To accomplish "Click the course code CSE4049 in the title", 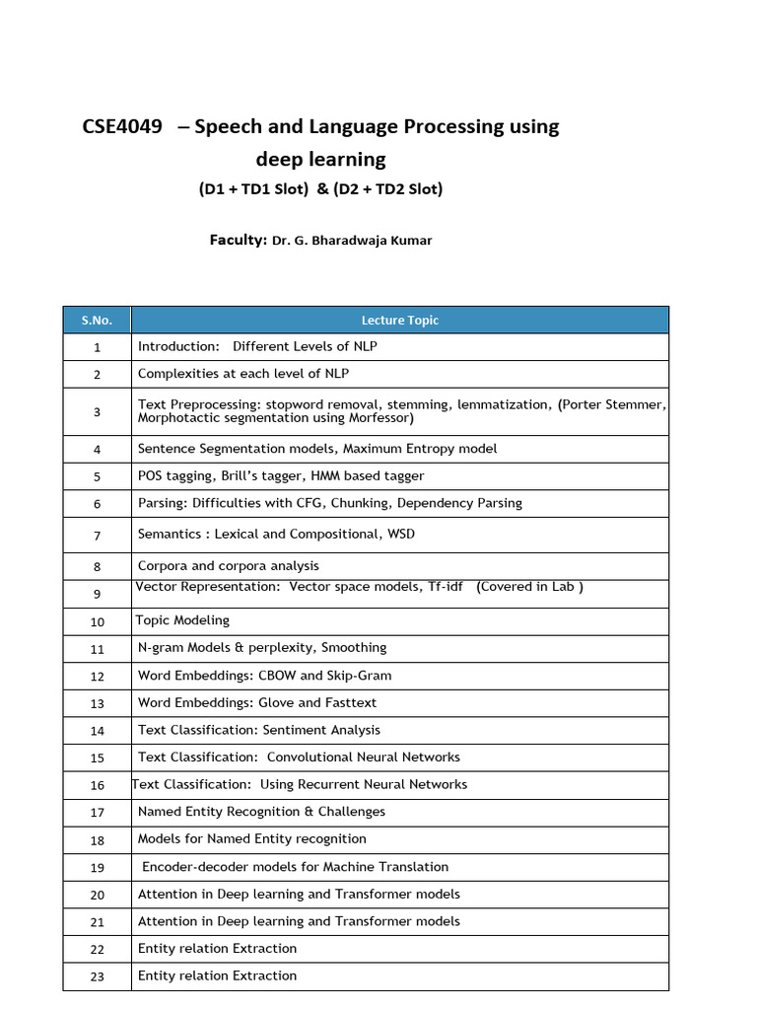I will (x=122, y=127).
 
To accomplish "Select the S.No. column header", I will (x=97, y=321).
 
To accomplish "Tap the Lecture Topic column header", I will (x=399, y=321).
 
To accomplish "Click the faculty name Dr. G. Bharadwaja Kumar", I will (x=352, y=241).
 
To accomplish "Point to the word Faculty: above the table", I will (x=238, y=240).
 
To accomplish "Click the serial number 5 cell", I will (x=97, y=476).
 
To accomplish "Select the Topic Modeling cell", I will (x=182, y=620).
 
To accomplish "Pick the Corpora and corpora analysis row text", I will (x=229, y=566).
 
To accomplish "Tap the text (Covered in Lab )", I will (x=529, y=587).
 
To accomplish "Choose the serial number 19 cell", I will (x=97, y=868).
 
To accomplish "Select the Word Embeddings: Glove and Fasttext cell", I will (x=257, y=703).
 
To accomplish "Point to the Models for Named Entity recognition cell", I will (x=252, y=839).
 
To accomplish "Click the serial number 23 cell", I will (x=97, y=976).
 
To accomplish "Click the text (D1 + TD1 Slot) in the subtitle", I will (x=253, y=189).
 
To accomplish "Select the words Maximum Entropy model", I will (x=420, y=449).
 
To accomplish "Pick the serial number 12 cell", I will (x=97, y=677).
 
